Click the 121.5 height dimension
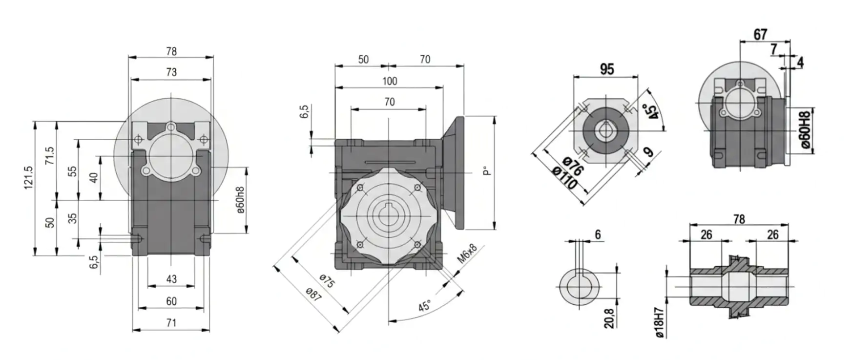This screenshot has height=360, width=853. (29, 177)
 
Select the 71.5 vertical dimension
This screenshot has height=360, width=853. (50, 156)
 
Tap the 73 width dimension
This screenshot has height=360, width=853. (171, 72)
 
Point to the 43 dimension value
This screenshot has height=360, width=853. (171, 279)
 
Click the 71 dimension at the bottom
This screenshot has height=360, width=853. (171, 323)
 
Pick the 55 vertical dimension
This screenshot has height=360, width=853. (72, 171)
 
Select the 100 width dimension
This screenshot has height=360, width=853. (390, 81)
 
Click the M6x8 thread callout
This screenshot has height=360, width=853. (467, 254)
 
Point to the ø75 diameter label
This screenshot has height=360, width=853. (327, 281)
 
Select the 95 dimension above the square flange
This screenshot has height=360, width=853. (606, 69)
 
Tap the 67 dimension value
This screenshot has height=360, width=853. (760, 34)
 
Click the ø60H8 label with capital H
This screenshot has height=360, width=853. (805, 130)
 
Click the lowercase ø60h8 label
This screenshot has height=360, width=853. (240, 200)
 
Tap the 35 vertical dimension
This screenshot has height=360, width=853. (72, 218)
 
